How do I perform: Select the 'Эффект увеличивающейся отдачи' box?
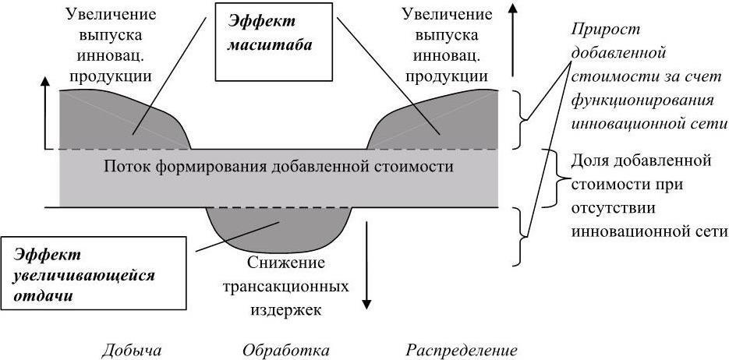coord(94,274)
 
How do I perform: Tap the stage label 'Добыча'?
coord(132,351)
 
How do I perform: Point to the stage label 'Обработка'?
coord(286,351)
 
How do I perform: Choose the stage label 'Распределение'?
coord(462,351)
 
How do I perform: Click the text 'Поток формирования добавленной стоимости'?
coord(278,166)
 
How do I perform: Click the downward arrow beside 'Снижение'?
coord(366,265)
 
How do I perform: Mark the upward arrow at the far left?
coord(45,112)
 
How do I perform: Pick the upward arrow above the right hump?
coord(512,39)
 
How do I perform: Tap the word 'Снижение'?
coord(285,263)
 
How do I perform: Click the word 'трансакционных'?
coord(285,286)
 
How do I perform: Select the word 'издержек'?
coord(285,309)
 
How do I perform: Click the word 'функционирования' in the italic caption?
coord(642,101)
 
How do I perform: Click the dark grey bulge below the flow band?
coord(279,228)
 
